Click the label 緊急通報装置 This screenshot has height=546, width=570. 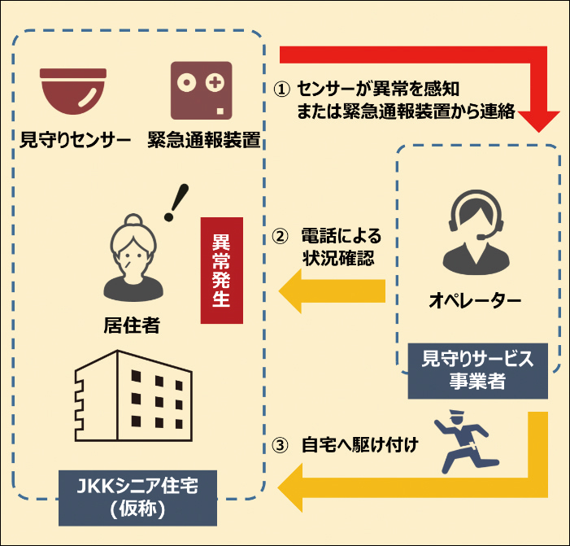(204, 140)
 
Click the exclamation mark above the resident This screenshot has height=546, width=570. (172, 203)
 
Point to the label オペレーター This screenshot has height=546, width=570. (475, 302)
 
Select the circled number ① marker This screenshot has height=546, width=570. (280, 88)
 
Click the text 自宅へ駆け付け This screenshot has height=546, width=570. (359, 446)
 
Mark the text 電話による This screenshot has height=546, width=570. (341, 237)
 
